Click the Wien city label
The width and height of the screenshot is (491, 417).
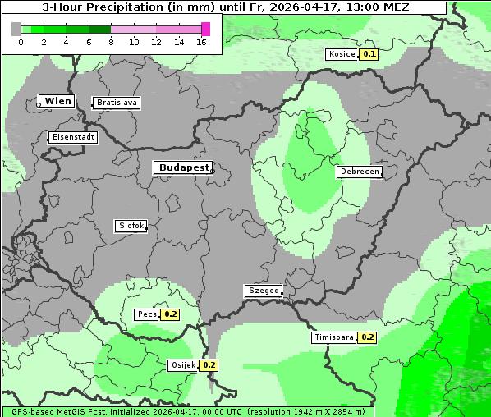pyautogui.click(x=57, y=101)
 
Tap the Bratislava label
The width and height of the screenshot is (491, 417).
pyautogui.click(x=117, y=103)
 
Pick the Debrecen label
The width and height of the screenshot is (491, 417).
pyautogui.click(x=360, y=172)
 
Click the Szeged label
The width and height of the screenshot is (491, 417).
pyautogui.click(x=264, y=291)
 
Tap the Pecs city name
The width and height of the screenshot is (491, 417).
pyautogui.click(x=148, y=314)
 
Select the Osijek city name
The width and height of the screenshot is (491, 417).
pyautogui.click(x=183, y=365)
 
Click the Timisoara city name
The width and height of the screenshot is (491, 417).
pyautogui.click(x=334, y=337)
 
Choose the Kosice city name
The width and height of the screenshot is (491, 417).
pyautogui.click(x=342, y=54)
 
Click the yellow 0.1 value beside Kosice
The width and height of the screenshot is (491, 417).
pyautogui.click(x=369, y=54)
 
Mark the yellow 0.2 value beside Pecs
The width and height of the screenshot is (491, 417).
pyautogui.click(x=170, y=314)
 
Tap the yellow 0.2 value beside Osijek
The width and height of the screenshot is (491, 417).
pyautogui.click(x=209, y=365)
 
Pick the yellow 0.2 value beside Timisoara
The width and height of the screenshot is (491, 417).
pyautogui.click(x=367, y=337)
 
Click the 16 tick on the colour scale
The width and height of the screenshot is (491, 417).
pyautogui.click(x=201, y=42)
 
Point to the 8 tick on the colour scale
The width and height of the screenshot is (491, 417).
pyautogui.click(x=111, y=42)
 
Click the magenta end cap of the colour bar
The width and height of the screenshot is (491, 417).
pyautogui.click(x=205, y=29)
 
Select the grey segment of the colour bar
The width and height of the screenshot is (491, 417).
pyautogui.click(x=16, y=29)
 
